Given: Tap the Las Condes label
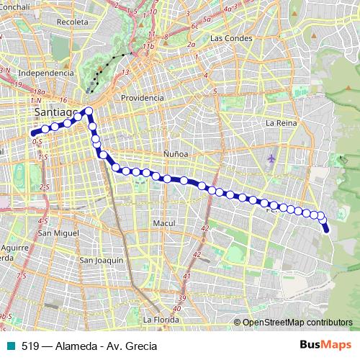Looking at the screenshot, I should coord(230,37).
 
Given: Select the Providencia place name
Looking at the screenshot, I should coord(143,97).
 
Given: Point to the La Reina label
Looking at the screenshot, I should coord(281,123).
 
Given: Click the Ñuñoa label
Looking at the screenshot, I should coord(176,154).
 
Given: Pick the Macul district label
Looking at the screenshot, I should coord(164,223).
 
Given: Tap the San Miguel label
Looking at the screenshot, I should coord(58,233).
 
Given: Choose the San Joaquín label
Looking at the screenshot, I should coord(102,260).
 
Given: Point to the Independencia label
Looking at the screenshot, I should coord(46,73).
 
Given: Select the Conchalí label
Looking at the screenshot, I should coord(16,6).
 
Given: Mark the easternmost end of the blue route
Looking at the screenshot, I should coord(326,230).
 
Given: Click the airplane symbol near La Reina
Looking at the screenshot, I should coord(271,158).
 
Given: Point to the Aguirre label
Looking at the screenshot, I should coord(14,246).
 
